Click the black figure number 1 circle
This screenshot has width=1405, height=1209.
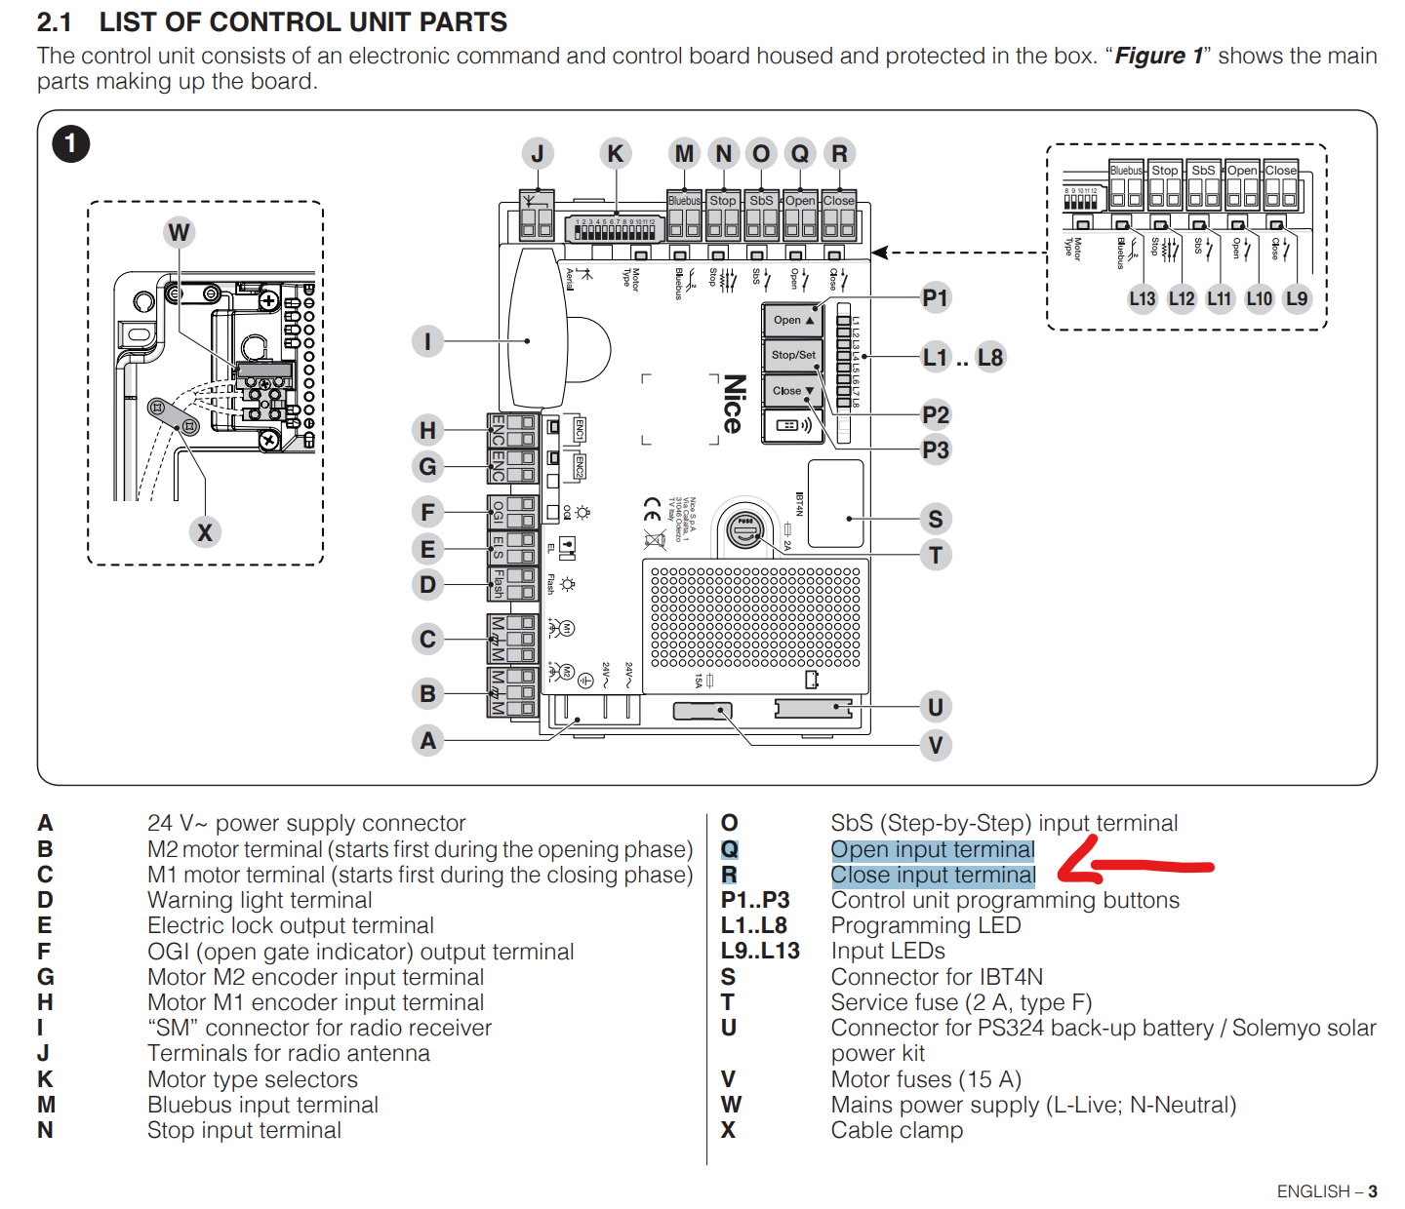pyautogui.click(x=70, y=144)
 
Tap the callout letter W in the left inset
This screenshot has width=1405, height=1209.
pyautogui.click(x=179, y=232)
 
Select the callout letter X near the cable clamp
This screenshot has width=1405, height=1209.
pyautogui.click(x=204, y=532)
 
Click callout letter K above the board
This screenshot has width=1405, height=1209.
pyautogui.click(x=615, y=154)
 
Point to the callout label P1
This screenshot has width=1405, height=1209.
pyautogui.click(x=935, y=298)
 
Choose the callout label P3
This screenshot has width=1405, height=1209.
pyautogui.click(x=935, y=450)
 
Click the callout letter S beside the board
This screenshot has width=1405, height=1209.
pyautogui.click(x=935, y=519)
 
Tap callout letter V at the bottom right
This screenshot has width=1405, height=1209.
pyautogui.click(x=935, y=746)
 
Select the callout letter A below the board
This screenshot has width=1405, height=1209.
pyautogui.click(x=427, y=741)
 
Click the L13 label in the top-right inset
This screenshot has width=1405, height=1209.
pyautogui.click(x=1142, y=299)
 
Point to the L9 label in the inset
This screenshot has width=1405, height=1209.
pyautogui.click(x=1296, y=299)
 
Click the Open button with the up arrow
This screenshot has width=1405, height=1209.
pyautogui.click(x=793, y=320)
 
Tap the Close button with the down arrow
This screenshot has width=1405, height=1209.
pyautogui.click(x=793, y=391)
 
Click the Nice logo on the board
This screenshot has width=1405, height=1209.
pyautogui.click(x=734, y=404)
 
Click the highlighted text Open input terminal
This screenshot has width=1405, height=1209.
pyautogui.click(x=932, y=850)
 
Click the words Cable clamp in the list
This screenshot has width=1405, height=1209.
pyautogui.click(x=897, y=1131)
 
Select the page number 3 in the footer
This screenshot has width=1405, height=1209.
pyautogui.click(x=1373, y=1191)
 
